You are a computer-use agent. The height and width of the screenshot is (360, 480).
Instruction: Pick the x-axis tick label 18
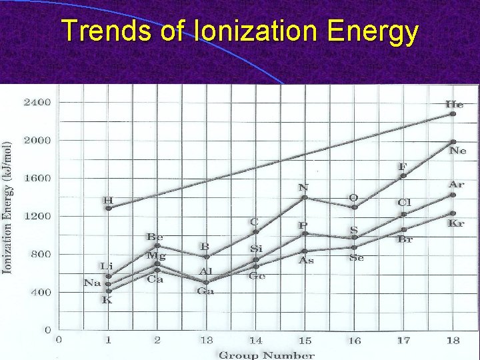click(453, 341)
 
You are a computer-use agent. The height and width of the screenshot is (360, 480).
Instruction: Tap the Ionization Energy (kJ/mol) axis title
click(8, 207)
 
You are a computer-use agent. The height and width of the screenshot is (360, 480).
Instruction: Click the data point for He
click(453, 114)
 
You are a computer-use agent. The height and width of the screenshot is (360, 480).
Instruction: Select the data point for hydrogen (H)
click(109, 208)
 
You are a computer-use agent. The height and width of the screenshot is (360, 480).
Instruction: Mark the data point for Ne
click(453, 142)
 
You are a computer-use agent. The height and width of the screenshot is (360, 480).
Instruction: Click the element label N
click(303, 187)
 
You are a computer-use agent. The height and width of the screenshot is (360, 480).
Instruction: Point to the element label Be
click(155, 237)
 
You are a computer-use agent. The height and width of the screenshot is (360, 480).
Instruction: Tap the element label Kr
click(456, 224)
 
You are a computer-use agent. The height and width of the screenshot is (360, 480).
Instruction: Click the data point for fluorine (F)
click(403, 176)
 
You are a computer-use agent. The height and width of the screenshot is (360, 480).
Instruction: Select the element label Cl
click(404, 203)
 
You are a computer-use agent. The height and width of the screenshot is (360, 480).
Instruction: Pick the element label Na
click(92, 283)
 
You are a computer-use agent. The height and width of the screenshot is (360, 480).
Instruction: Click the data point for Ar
click(453, 195)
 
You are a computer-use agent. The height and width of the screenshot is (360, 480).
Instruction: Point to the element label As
click(305, 261)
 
